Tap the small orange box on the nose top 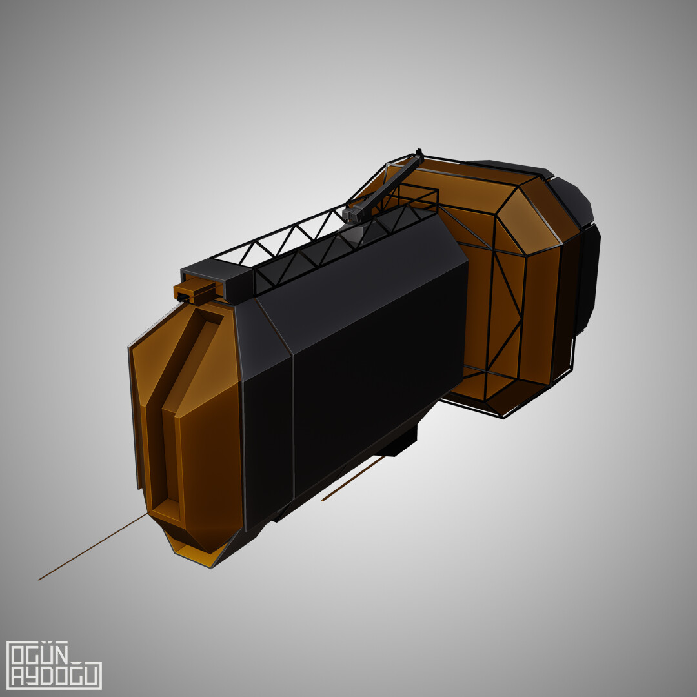(194, 290)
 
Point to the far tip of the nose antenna (39, 579)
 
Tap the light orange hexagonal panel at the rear (526, 223)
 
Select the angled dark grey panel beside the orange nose (265, 336)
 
